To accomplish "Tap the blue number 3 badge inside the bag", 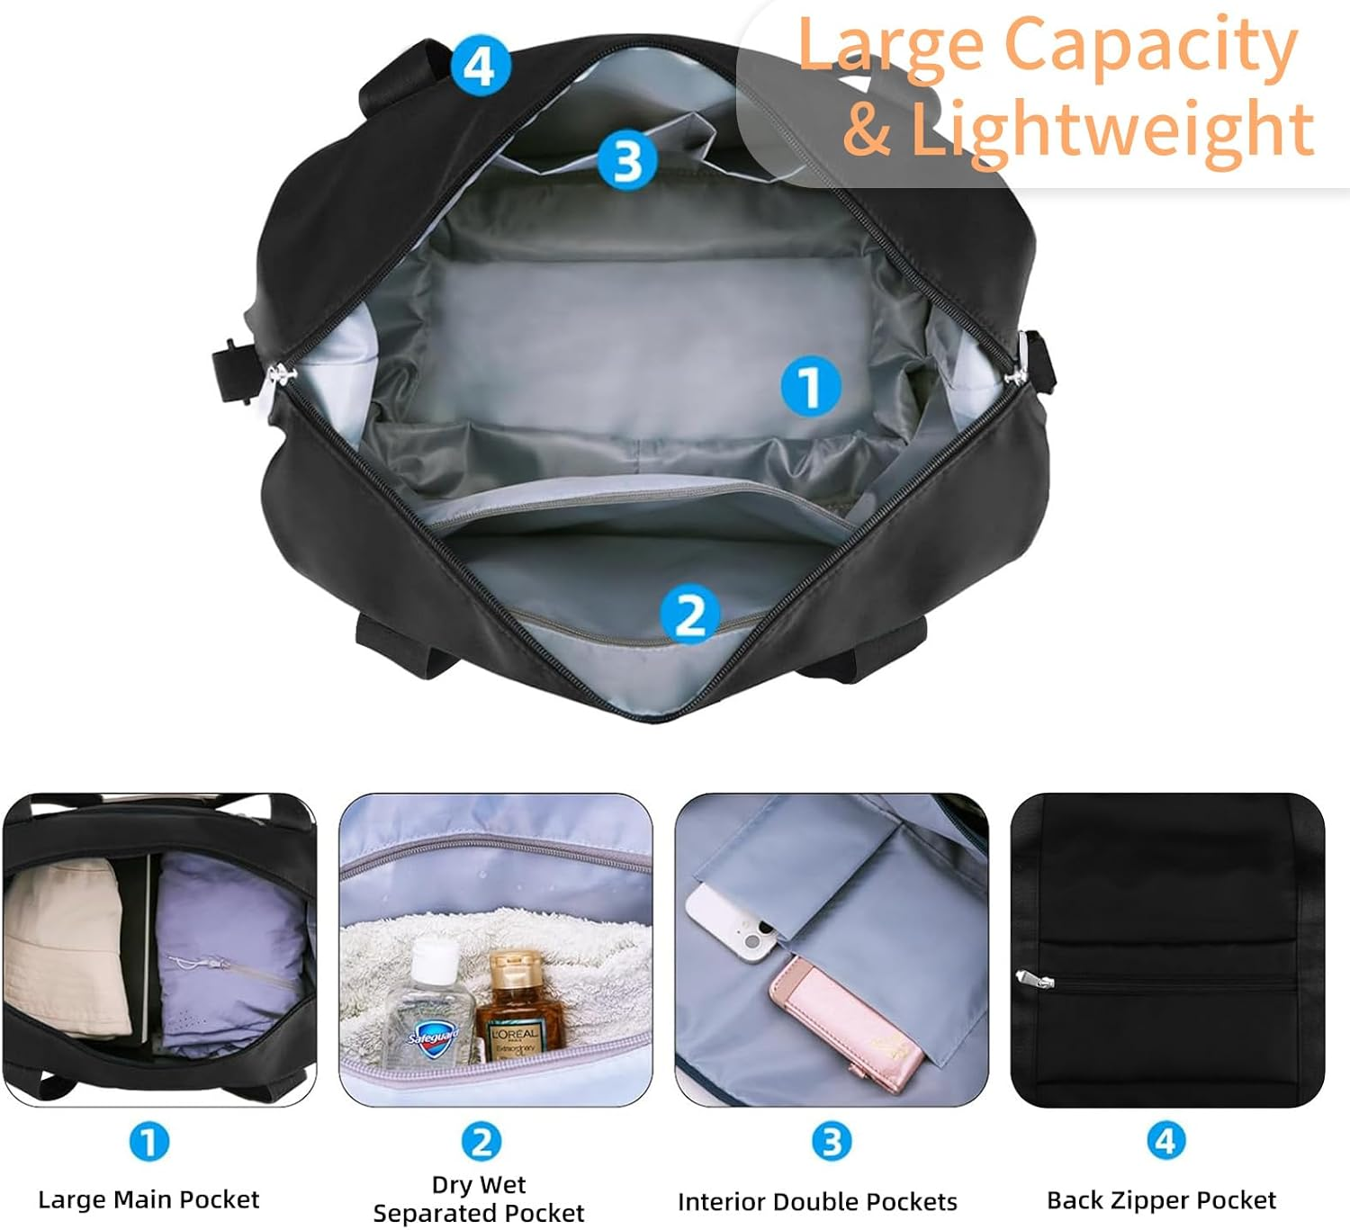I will pos(626,159).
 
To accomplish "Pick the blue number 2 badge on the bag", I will pos(689,615).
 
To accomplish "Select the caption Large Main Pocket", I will pos(148,1199).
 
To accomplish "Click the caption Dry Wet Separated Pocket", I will pos(479,1199).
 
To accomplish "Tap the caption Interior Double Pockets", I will pos(817,1201).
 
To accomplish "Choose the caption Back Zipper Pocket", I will pos(1161,1199).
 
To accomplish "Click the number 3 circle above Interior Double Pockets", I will pos(831,1141).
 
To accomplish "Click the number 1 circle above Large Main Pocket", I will pos(148,1142).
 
